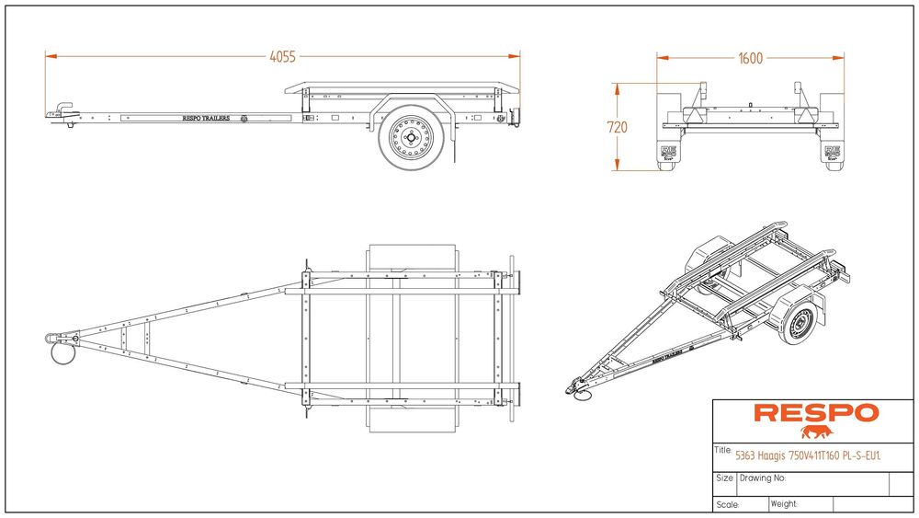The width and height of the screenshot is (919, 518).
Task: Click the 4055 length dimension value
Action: pyautogui.click(x=282, y=57)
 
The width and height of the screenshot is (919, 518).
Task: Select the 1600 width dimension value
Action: pyautogui.click(x=750, y=59)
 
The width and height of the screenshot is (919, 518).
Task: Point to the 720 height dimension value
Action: pyautogui.click(x=618, y=127)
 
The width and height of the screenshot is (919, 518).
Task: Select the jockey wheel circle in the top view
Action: pyautogui.click(x=62, y=353)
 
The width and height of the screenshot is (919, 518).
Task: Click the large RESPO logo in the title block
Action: pyautogui.click(x=815, y=414)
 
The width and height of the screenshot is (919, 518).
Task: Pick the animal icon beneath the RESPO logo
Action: pyautogui.click(x=814, y=432)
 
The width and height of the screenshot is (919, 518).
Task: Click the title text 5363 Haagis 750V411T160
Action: pyautogui.click(x=809, y=454)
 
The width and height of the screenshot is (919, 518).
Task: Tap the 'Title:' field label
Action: pyautogui.click(x=723, y=451)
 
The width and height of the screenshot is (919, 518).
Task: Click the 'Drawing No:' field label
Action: pyautogui.click(x=763, y=478)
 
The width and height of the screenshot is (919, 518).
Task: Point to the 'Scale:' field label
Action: pyautogui.click(x=728, y=504)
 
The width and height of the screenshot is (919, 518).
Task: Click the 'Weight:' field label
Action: pyautogui.click(x=784, y=504)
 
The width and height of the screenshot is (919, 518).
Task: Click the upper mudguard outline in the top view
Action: pyautogui.click(x=412, y=257)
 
